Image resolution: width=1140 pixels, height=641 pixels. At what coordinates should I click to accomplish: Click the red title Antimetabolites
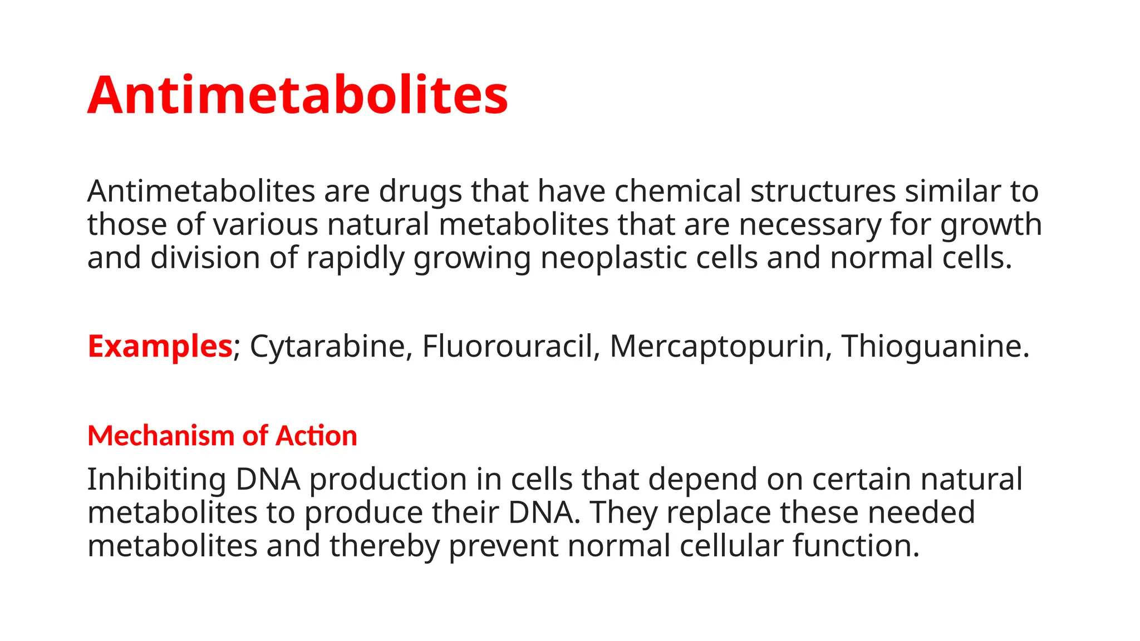coord(298,95)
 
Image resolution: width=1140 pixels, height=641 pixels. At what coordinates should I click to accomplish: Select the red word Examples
coord(160,346)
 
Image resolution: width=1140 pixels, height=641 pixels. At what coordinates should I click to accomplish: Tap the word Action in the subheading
coord(316,436)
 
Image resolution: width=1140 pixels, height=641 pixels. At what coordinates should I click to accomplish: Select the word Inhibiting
coord(156,479)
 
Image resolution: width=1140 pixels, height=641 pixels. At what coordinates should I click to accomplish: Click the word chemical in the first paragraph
coord(677,191)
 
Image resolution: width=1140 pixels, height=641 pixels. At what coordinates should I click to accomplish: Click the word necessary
coord(810,225)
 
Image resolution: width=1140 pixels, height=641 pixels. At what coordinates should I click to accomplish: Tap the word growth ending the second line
coord(991,225)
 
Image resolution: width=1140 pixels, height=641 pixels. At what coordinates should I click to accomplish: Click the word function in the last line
coord(856,546)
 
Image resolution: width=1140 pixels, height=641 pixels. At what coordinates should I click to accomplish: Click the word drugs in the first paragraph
coord(420,191)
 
